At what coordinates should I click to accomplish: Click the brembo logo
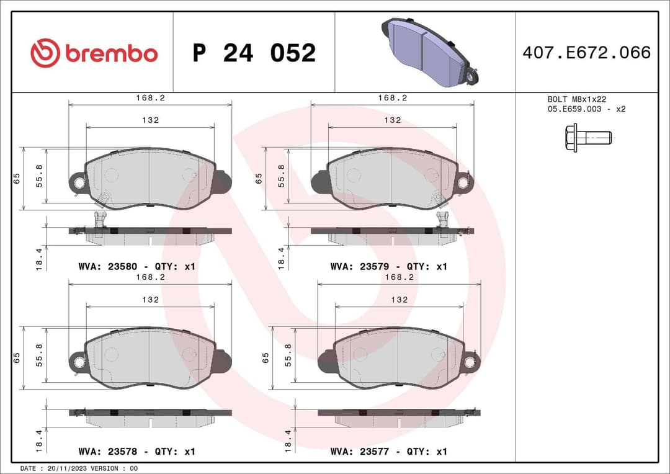tap(94, 53)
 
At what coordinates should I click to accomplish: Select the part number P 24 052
tap(254, 53)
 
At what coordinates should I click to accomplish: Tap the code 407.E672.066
tap(586, 53)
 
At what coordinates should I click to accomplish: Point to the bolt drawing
tap(587, 136)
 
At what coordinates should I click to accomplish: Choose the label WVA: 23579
tap(360, 266)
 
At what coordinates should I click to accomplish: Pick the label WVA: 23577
tap(360, 451)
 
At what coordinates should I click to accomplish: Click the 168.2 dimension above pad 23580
tap(150, 98)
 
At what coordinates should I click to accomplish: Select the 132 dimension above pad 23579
tap(392, 120)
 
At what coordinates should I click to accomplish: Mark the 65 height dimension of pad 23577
tap(266, 357)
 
